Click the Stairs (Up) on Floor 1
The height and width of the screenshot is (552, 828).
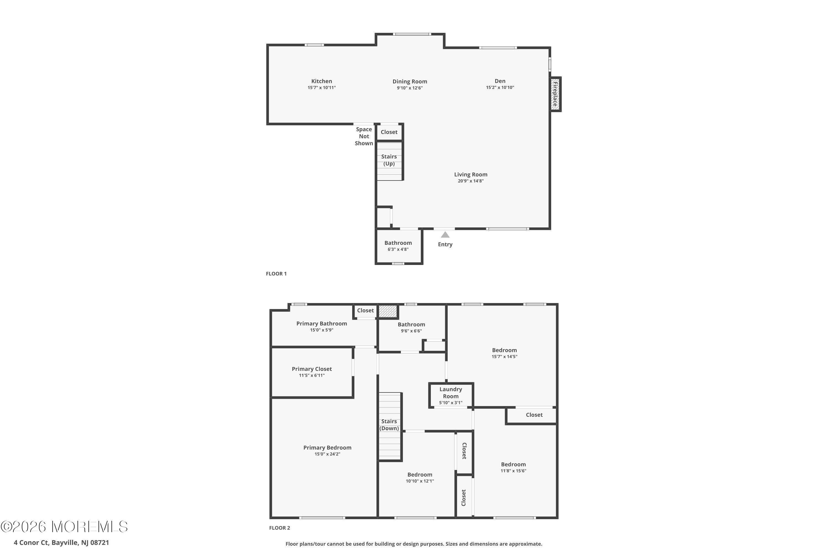pos(389,160)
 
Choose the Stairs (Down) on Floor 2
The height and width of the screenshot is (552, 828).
pos(389,425)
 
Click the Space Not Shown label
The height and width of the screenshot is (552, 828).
pos(364,136)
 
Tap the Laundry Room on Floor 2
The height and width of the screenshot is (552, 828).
pos(451,396)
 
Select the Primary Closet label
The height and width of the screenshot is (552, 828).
pos(312,369)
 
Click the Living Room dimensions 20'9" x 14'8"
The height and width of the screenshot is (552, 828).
pos(470,181)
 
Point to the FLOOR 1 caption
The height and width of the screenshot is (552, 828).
pos(276,274)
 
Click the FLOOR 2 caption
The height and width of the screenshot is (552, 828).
pos(280,528)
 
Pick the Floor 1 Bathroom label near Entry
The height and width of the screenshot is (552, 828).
pos(398,243)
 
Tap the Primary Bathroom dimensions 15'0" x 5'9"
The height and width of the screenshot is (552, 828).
pos(322,330)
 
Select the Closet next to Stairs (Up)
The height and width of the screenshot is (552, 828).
pos(389,132)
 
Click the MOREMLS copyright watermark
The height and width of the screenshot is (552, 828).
pos(64,527)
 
